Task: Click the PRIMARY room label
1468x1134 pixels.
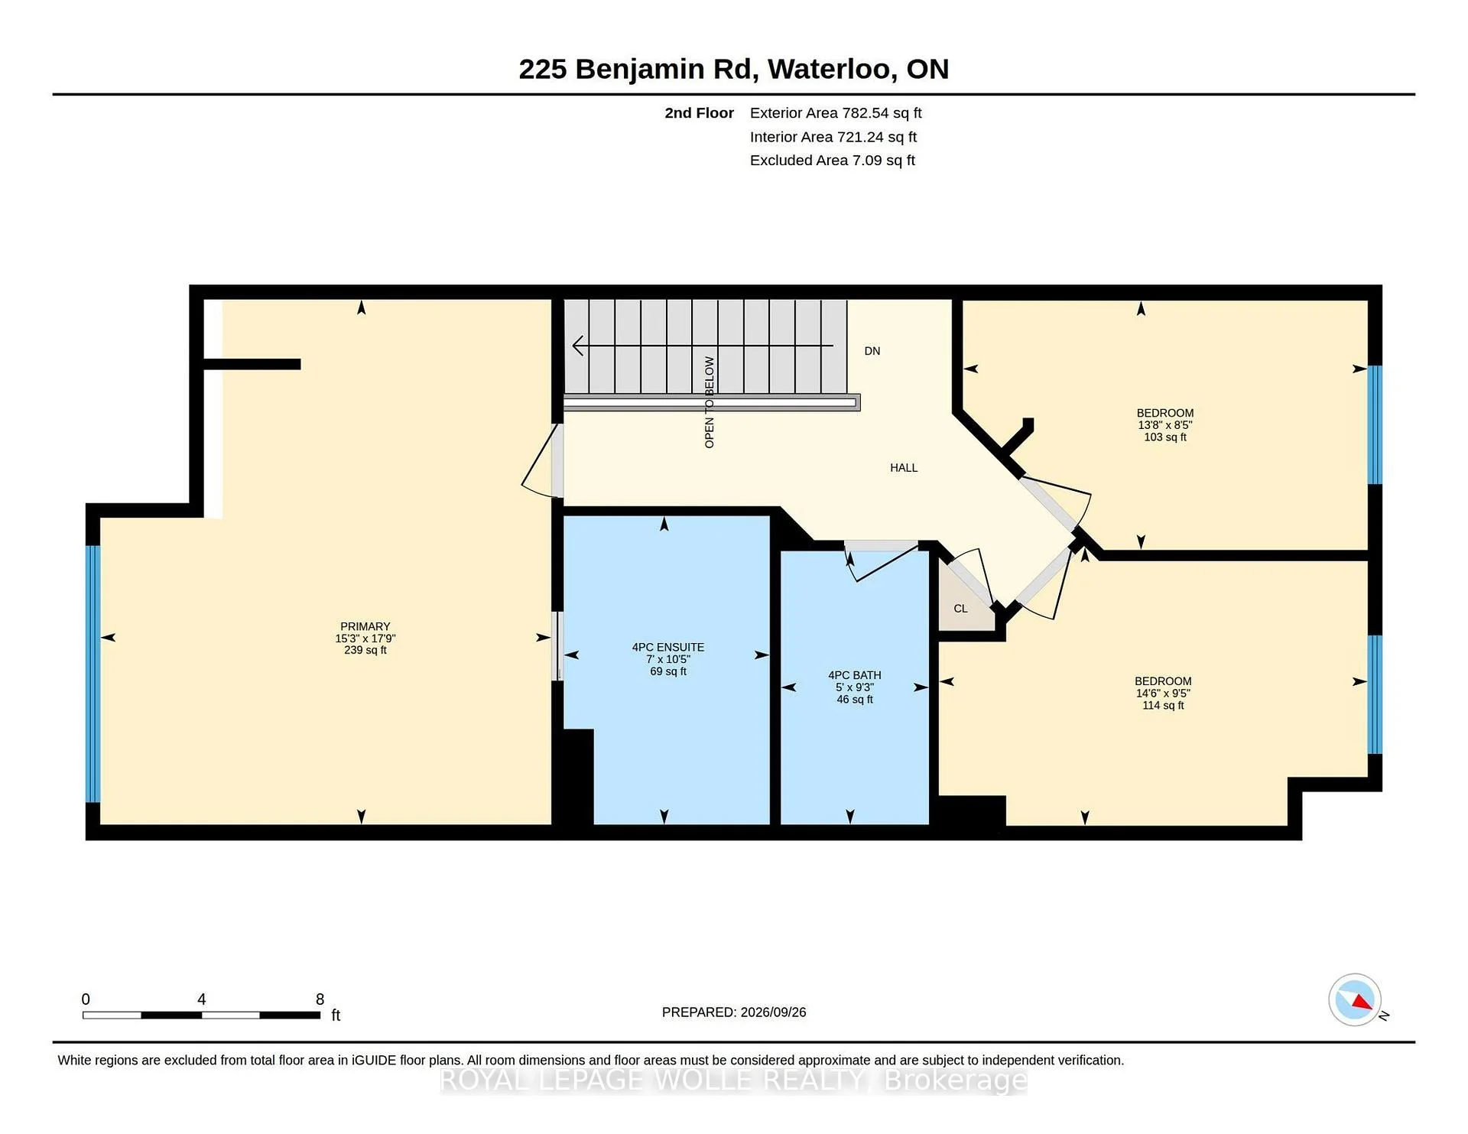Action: point(365,626)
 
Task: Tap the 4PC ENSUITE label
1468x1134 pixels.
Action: point(668,647)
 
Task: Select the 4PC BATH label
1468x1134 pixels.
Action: point(855,675)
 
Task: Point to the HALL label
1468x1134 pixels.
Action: point(904,468)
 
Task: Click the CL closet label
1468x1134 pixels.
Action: point(961,609)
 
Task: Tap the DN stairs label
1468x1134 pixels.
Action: point(872,351)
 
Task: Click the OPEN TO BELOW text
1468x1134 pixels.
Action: point(710,402)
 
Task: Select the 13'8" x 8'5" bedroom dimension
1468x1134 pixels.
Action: point(1165,425)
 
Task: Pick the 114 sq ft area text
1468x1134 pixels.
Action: point(1163,706)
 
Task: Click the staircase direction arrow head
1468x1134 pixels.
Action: point(578,346)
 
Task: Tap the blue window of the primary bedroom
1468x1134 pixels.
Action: point(93,674)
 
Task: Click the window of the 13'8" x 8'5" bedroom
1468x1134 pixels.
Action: point(1375,425)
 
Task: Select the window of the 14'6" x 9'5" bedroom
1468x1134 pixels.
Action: point(1375,694)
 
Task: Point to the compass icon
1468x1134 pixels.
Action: point(1355,999)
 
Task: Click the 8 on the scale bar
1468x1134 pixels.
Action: point(320,999)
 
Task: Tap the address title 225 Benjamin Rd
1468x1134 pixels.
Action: point(638,69)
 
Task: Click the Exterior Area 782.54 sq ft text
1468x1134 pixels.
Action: point(836,113)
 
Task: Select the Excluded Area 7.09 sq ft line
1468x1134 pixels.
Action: point(833,161)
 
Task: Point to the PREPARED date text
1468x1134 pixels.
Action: point(734,1012)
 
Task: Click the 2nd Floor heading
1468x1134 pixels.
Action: point(699,113)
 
